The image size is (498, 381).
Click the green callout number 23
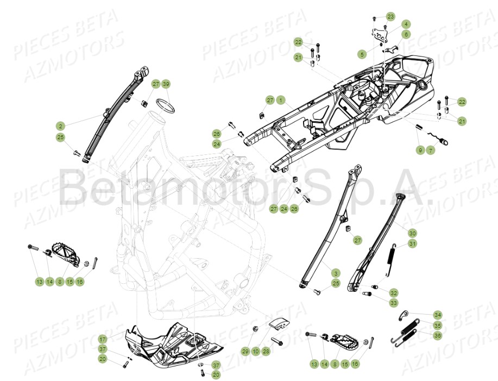pos(390,16)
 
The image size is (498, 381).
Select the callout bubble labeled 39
pos(166,84)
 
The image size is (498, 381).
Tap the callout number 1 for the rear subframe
pos(280,100)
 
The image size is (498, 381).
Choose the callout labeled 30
pos(413,233)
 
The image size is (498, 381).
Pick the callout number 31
pos(413,244)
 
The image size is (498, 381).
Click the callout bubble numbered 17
pos(103,339)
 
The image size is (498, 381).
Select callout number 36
pos(438,335)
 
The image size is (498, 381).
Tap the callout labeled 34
pos(438,315)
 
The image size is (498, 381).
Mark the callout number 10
pos(255,352)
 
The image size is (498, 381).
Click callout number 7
pos(430,150)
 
